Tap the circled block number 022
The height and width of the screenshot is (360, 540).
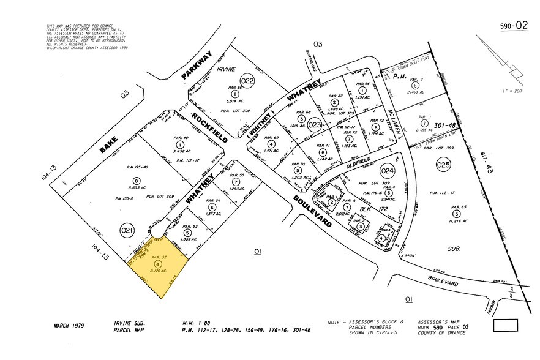tap(247, 81)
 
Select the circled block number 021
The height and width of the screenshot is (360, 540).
tap(127, 230)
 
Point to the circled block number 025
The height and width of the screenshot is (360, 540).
tap(443, 165)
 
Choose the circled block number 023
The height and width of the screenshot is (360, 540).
tap(315, 125)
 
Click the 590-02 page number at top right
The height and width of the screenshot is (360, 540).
tap(514, 26)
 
